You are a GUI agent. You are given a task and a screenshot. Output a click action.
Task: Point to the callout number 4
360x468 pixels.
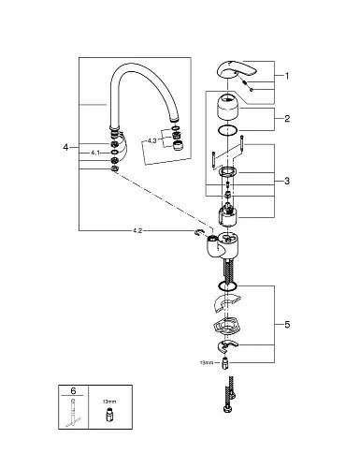(65, 147)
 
